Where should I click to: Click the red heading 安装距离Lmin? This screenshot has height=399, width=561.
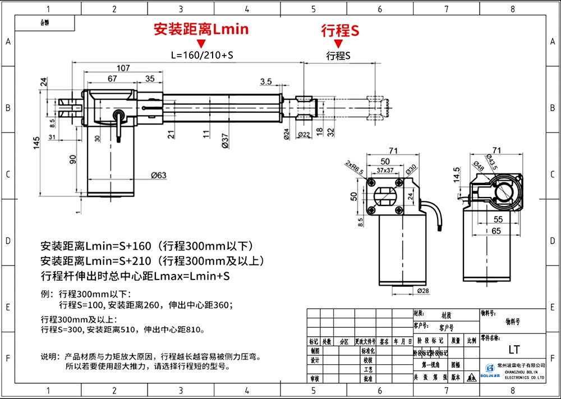[x=201, y=29]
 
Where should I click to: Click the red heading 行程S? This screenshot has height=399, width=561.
[x=340, y=31]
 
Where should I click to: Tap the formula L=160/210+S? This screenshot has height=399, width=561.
[x=201, y=56]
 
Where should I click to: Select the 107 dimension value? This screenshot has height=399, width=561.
[x=123, y=68]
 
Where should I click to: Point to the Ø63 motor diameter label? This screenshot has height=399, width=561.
[x=159, y=175]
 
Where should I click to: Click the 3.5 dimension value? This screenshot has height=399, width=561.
[x=266, y=82]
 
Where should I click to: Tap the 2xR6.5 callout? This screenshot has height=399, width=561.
[x=354, y=167]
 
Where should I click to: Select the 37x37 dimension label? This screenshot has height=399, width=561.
[x=385, y=169]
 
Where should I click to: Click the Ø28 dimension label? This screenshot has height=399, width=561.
[x=424, y=290]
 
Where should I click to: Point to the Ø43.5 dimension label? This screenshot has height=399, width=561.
[x=493, y=163]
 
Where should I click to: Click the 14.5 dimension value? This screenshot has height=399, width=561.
[x=457, y=175]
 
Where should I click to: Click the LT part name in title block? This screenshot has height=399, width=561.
[x=513, y=350]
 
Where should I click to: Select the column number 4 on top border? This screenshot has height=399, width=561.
[x=247, y=9]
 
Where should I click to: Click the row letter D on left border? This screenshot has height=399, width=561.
[x=7, y=241]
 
